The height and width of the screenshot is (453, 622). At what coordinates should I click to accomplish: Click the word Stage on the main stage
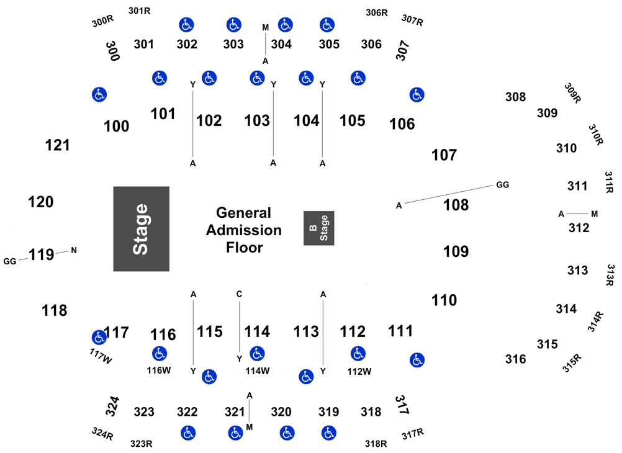point(141,229)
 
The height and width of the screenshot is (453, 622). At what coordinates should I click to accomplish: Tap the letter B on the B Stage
point(313,228)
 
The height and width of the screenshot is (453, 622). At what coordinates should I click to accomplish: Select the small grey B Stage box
point(319,228)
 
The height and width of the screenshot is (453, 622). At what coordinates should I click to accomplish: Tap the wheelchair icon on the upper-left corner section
point(99,94)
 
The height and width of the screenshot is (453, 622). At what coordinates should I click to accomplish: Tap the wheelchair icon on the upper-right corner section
point(417,95)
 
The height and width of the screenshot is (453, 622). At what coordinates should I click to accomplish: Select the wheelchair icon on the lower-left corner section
point(99,338)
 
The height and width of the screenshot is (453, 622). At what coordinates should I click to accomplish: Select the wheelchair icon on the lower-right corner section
point(417,359)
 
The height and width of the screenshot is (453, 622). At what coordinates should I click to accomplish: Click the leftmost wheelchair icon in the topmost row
point(186,25)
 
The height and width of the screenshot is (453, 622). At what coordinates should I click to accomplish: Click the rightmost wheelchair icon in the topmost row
point(327,25)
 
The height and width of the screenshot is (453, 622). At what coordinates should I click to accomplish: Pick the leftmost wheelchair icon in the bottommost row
point(187,433)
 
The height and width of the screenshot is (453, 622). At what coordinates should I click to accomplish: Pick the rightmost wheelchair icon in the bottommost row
point(328,433)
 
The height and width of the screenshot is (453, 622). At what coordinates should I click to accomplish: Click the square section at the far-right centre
point(577,227)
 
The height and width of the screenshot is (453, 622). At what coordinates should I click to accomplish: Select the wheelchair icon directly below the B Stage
point(306,376)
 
